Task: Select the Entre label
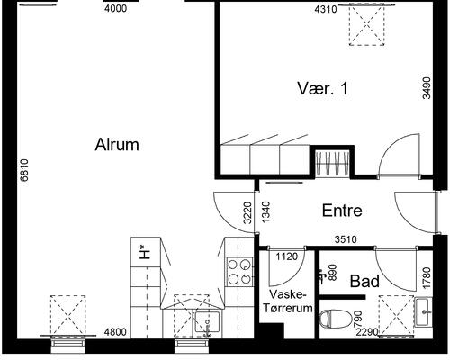point(342,211)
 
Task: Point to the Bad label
point(364,281)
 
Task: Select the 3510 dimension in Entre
point(347,240)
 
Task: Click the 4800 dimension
point(115,333)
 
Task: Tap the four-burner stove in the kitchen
point(238,271)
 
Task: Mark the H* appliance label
point(143,253)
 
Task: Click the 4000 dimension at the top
point(115,10)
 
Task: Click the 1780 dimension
point(426,270)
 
